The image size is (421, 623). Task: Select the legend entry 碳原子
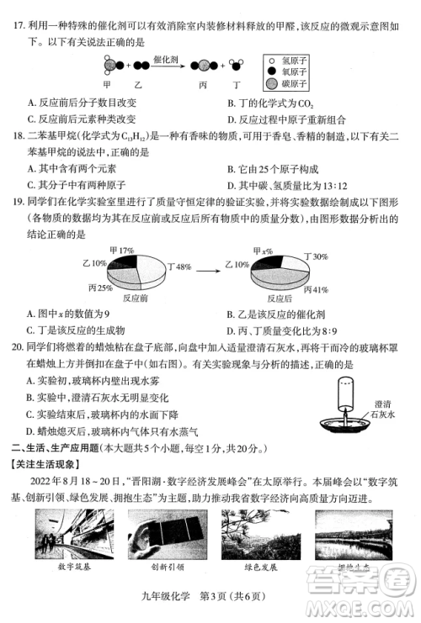pyautogui.click(x=295, y=84)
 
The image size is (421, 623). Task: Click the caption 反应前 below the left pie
pyautogui.click(x=136, y=298)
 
